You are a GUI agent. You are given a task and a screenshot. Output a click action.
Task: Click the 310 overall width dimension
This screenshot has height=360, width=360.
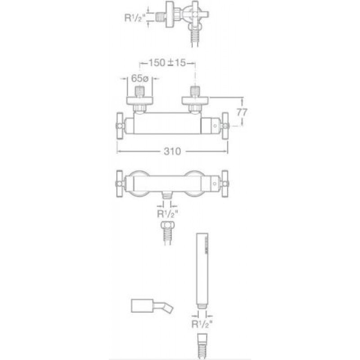[x=172, y=151]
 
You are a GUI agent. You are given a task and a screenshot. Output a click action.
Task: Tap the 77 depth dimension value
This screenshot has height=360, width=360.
[x=242, y=112]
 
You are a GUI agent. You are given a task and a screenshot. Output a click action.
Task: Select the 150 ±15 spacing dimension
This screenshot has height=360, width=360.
[x=167, y=63]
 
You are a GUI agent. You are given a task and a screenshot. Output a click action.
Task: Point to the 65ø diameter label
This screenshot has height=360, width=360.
[x=140, y=78]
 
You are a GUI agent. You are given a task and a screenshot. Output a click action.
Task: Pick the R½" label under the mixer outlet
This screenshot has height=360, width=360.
[x=167, y=214]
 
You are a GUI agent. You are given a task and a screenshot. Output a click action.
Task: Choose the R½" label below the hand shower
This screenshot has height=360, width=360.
[x=202, y=324]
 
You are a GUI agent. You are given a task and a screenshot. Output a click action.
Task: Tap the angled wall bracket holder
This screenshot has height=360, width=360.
[x=152, y=306]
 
